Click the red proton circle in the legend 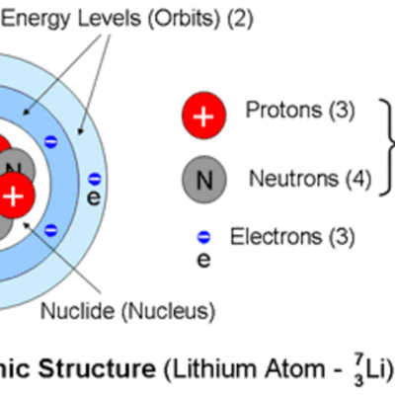(204, 116)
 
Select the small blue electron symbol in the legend (203, 237)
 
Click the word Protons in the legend (278, 111)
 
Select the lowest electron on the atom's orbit (52, 230)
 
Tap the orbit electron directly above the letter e (94, 179)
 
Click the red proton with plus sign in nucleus (14, 196)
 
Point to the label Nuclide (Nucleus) (126, 312)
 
